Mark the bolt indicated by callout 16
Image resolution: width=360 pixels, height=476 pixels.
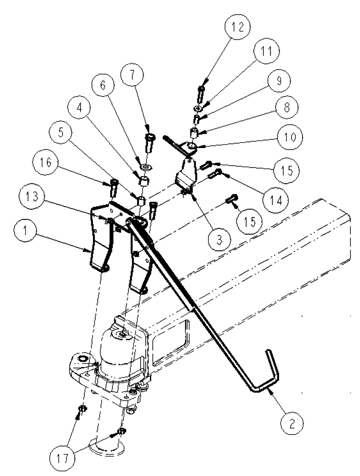coord(114,187)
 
